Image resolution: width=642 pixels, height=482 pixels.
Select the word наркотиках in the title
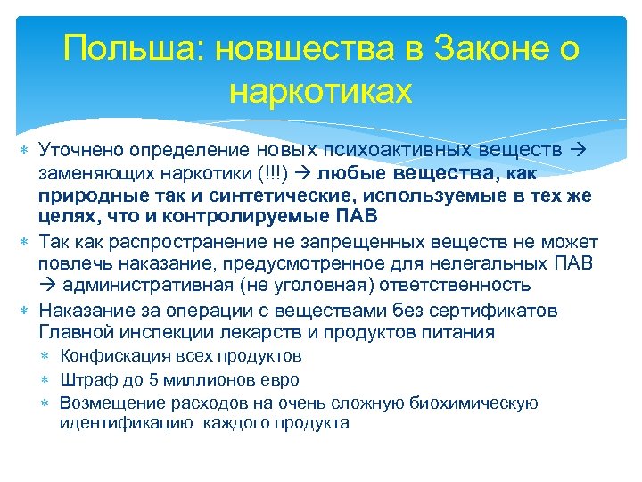coord(321,91)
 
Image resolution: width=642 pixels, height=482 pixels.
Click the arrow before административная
coord(47,286)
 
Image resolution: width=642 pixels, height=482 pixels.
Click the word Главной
coord(74,333)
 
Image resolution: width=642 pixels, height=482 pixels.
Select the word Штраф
coord(85,380)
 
